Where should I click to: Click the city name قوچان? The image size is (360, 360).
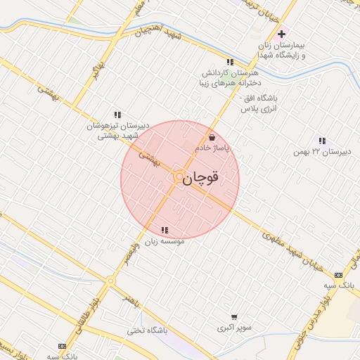pyautogui.click(x=202, y=179)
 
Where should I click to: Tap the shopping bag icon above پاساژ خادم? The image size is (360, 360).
pyautogui.click(x=212, y=137)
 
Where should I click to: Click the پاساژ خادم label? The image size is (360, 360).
pyautogui.click(x=213, y=148)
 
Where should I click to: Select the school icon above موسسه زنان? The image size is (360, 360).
pyautogui.click(x=165, y=229)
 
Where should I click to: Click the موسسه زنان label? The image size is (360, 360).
pyautogui.click(x=165, y=240)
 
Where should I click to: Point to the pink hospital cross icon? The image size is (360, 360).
pyautogui.click(x=282, y=34)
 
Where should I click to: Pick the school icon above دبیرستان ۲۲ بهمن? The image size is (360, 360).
pyautogui.click(x=322, y=141)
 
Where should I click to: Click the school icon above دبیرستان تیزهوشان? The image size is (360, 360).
pyautogui.click(x=118, y=114)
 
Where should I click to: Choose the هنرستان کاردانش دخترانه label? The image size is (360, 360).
pyautogui.click(x=231, y=78)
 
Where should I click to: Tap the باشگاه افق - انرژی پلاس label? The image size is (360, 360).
pyautogui.click(x=262, y=103)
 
